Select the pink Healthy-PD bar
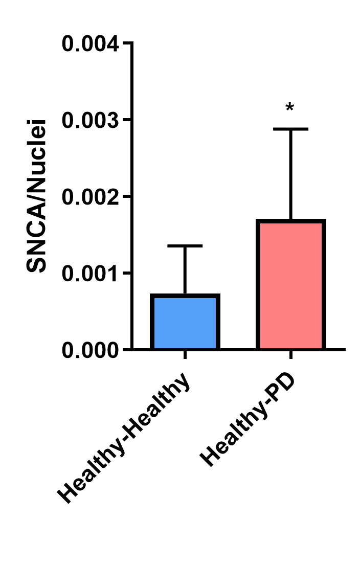tap(290, 285)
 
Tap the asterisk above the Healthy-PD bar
tap(290, 108)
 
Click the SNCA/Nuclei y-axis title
tap(37, 196)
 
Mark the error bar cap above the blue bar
tap(185, 246)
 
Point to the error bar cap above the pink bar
tap(290, 129)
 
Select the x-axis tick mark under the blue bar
tap(185, 355)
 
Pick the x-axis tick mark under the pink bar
tap(290, 355)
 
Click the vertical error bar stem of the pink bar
tap(290, 174)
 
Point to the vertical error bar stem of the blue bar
tap(185, 270)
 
